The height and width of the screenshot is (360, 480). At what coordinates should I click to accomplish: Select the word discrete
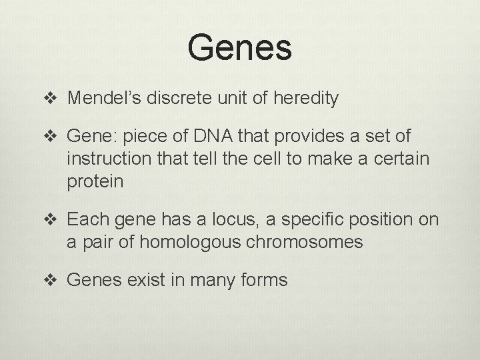pos(183,99)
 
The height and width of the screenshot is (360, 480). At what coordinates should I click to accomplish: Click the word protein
pos(95,183)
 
